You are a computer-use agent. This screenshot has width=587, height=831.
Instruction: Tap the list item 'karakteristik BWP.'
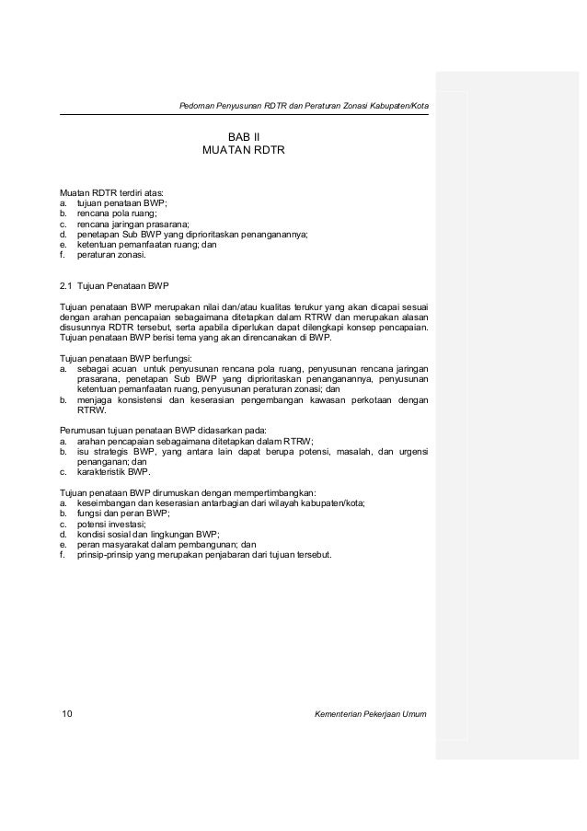[x=113, y=471]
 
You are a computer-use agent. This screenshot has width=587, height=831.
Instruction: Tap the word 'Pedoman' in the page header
[x=198, y=104]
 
